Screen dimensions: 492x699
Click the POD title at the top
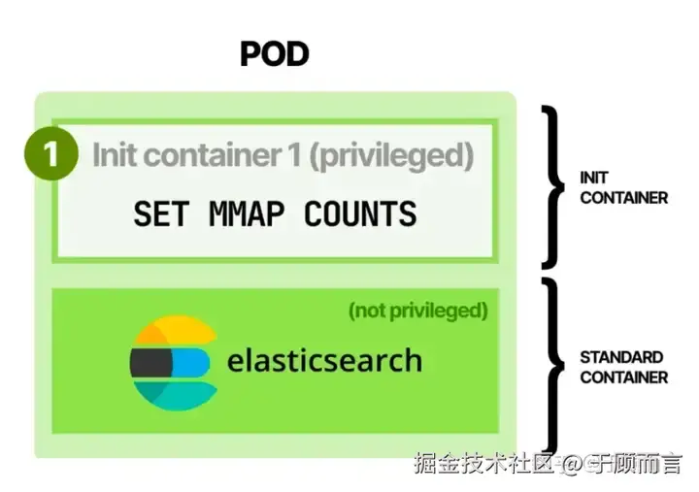pyautogui.click(x=275, y=53)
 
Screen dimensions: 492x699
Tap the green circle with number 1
pyautogui.click(x=50, y=155)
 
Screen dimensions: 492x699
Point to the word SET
pyautogui.click(x=160, y=213)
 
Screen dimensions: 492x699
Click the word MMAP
pyautogui.click(x=246, y=213)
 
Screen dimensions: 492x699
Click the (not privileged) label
pyautogui.click(x=417, y=311)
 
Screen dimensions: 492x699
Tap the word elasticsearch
pyautogui.click(x=324, y=361)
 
